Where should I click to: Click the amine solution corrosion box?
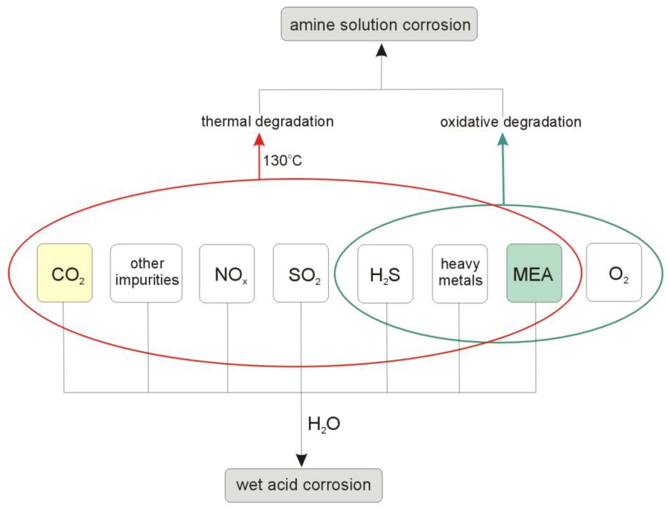(379, 24)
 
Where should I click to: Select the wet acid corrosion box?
(303, 485)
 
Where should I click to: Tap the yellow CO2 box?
(64, 273)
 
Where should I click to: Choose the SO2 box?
(301, 273)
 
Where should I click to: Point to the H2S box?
(385, 274)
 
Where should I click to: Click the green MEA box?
(534, 273)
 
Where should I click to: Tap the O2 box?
(614, 272)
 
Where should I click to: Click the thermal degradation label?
(267, 122)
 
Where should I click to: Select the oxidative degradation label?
(511, 122)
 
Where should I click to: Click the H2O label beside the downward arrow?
(324, 424)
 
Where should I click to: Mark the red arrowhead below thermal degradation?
(259, 140)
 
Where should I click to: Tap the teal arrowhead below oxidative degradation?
(503, 140)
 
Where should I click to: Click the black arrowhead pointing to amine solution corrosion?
(381, 51)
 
